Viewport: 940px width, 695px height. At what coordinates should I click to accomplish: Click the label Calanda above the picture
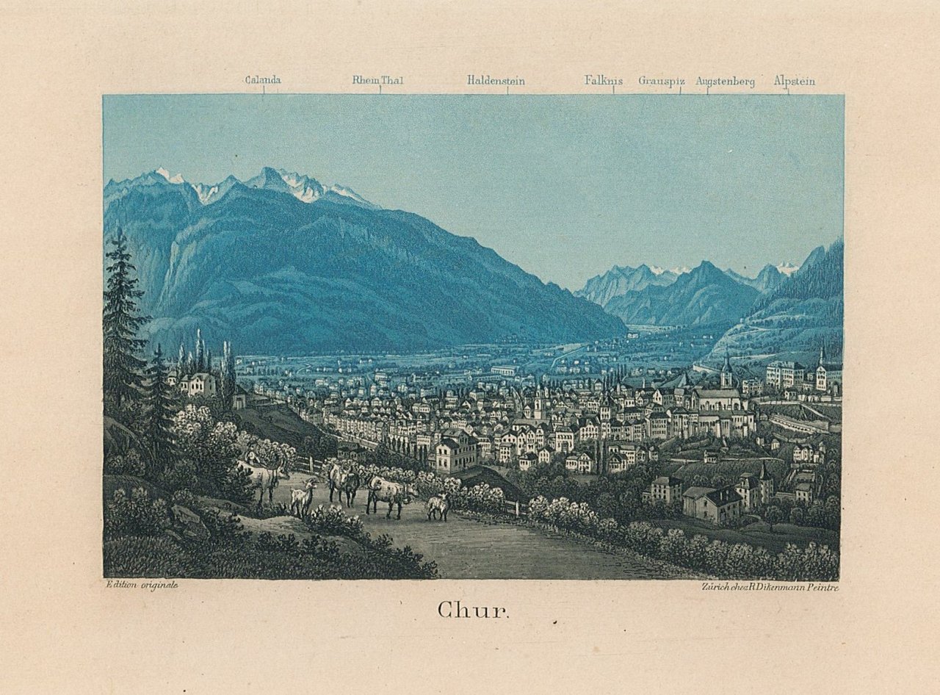[263, 81]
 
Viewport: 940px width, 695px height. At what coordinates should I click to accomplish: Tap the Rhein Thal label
[377, 81]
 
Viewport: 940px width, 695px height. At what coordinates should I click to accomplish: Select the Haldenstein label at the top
[496, 81]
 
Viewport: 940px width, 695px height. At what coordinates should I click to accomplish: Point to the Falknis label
[603, 81]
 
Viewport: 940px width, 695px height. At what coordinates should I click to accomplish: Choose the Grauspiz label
[662, 82]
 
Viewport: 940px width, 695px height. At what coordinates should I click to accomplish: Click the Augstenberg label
[725, 82]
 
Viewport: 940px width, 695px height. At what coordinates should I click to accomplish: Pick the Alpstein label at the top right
[794, 82]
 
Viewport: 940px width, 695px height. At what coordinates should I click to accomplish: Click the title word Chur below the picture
[473, 610]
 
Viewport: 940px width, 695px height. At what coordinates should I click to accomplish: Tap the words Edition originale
[142, 585]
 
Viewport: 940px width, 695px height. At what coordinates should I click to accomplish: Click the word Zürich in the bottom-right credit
[716, 586]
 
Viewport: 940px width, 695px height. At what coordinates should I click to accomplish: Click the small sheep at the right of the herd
[438, 505]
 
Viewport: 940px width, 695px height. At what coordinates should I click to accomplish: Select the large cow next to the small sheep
[389, 494]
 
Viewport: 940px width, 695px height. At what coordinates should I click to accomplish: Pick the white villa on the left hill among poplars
[197, 383]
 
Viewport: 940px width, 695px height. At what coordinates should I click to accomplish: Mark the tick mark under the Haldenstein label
[507, 90]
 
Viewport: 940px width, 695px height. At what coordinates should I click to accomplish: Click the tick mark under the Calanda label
[264, 90]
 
